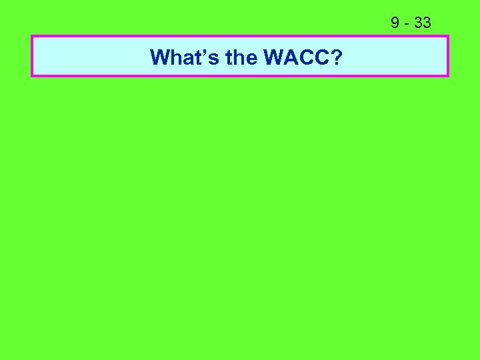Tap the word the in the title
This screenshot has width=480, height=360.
(x=242, y=58)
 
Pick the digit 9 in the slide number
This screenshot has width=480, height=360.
(x=395, y=23)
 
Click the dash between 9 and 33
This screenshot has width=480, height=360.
(x=406, y=24)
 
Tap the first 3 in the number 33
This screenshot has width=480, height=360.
(x=418, y=23)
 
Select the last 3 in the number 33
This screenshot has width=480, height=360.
(x=427, y=23)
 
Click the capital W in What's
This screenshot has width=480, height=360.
(x=161, y=58)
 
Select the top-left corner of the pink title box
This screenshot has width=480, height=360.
(x=32, y=36)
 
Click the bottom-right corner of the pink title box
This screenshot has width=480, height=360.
(x=448, y=76)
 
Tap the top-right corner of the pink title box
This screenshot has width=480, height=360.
(x=448, y=36)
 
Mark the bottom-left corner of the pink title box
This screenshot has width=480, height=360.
(x=32, y=76)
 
